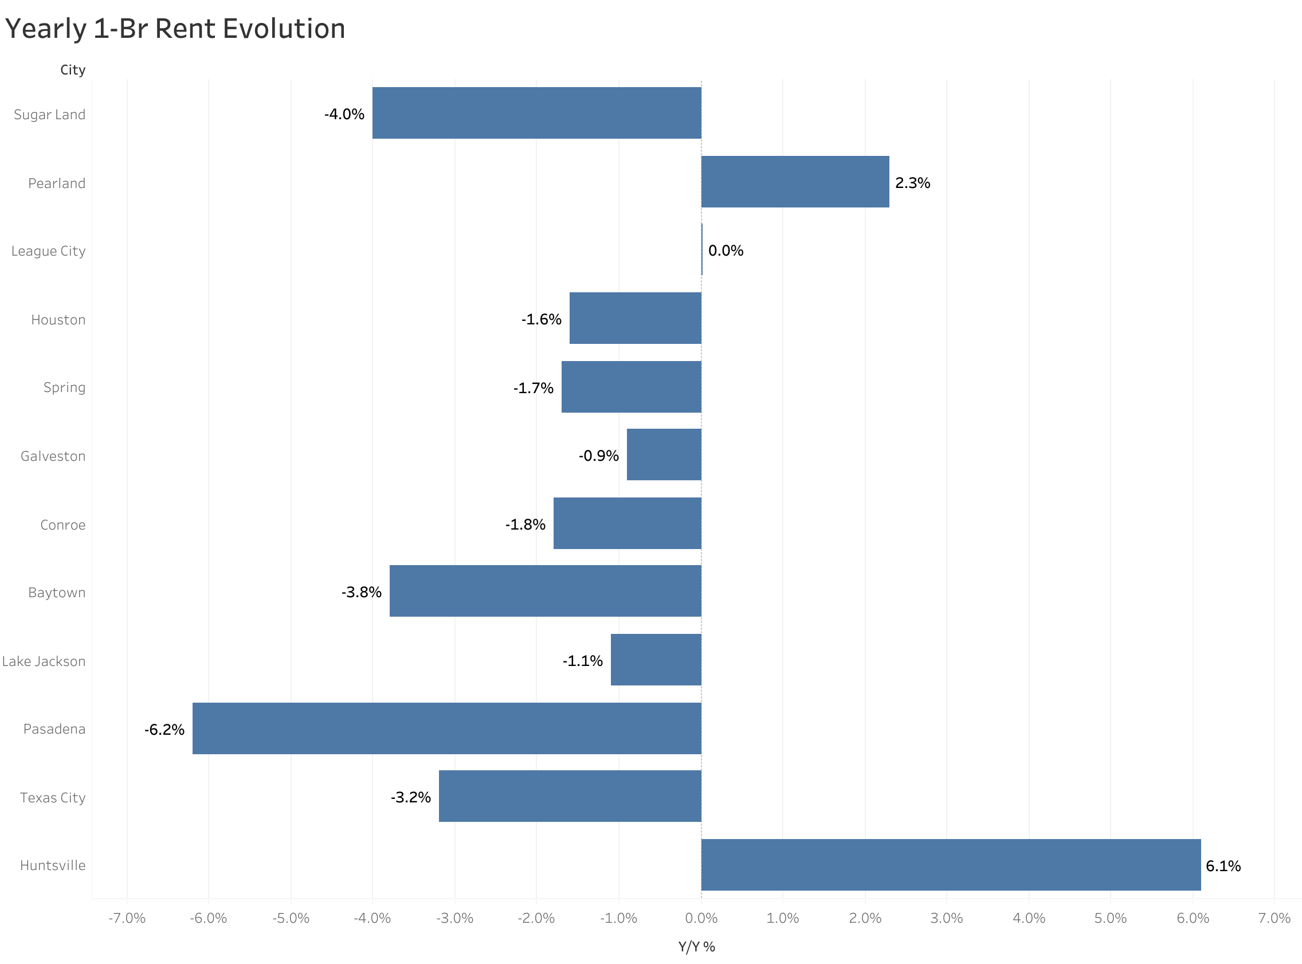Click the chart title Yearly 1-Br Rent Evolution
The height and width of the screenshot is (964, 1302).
175,29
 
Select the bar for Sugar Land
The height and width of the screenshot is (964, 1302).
536,113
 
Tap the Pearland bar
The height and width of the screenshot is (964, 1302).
794,182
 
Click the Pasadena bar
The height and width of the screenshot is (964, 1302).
446,728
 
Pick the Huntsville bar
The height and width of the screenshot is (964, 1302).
951,865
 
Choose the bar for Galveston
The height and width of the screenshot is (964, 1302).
664,454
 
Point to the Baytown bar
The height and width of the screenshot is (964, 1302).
545,590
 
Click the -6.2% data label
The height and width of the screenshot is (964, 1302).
164,730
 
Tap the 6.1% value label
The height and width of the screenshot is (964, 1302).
1223,866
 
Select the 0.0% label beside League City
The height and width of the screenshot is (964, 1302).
725,251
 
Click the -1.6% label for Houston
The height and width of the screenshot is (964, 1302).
542,319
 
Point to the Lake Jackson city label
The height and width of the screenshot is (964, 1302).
44,661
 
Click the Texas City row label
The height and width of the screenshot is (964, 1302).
53,798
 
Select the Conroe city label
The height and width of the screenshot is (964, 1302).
62,524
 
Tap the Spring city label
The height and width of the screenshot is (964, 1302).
64,387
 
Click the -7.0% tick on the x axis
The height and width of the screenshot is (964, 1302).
127,918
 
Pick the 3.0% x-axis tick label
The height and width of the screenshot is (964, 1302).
946,918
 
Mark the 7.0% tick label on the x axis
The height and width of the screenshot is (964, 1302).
1274,918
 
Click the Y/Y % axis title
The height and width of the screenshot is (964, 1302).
696,946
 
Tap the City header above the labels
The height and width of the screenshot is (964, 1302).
72,70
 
